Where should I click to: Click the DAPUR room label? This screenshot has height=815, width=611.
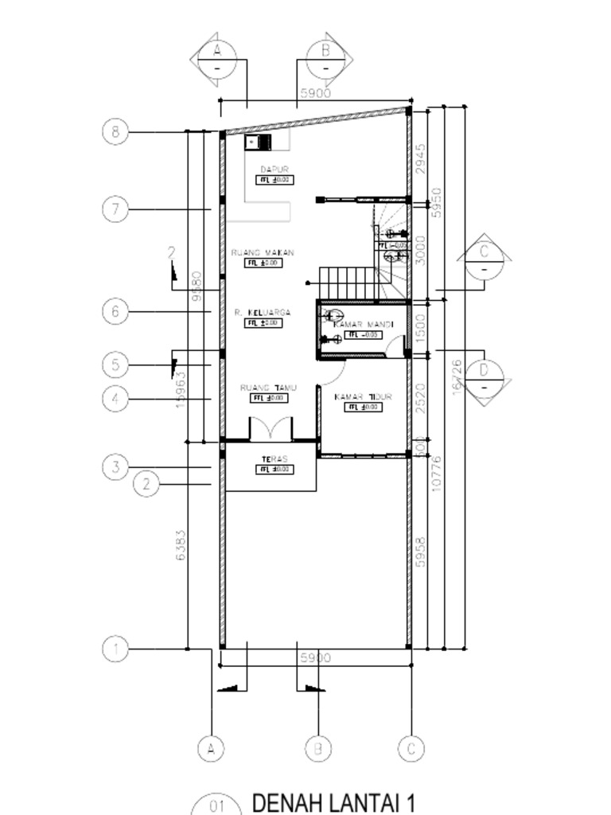(274, 169)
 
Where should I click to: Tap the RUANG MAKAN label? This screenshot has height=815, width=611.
(263, 252)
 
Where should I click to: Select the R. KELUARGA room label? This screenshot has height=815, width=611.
(263, 313)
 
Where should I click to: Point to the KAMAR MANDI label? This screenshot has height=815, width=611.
(363, 325)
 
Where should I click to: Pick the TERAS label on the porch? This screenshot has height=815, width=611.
(274, 459)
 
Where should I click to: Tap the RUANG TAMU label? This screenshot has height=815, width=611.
(268, 388)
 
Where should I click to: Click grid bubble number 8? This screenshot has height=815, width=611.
(115, 131)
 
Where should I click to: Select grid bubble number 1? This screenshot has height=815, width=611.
(115, 649)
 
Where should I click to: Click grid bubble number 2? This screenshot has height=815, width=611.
(146, 483)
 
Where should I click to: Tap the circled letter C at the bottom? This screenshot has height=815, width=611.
(411, 748)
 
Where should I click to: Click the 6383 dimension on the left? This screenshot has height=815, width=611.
(181, 545)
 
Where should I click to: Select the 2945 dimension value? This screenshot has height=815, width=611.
(421, 159)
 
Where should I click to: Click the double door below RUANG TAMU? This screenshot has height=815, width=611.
(271, 429)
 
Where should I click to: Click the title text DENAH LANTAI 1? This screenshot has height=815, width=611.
(333, 802)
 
